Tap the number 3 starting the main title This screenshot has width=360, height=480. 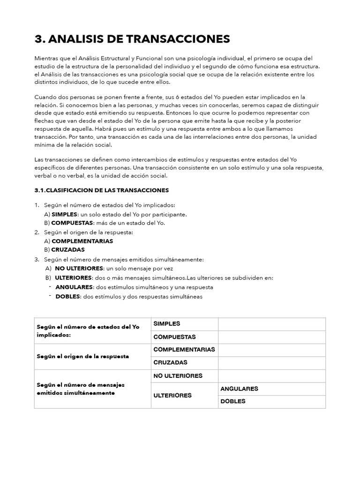(39, 39)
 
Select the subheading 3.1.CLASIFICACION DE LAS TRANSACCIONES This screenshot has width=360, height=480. (102, 190)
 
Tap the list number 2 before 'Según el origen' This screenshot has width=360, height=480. (37, 232)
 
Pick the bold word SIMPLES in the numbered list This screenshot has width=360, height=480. (64, 214)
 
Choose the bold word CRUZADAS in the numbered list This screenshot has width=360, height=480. (68, 250)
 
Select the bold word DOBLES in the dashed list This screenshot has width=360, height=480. (68, 296)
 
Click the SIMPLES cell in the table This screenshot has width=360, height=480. (167, 324)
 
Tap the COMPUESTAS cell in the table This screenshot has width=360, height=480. (174, 337)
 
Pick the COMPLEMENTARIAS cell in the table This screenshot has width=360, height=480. (184, 350)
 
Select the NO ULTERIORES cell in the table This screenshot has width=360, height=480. (178, 376)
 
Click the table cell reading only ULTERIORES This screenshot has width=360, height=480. (172, 395)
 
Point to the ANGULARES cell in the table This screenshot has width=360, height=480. (239, 389)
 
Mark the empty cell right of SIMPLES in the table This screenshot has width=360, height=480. (271, 324)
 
